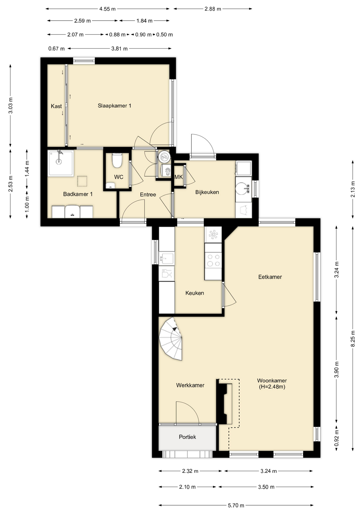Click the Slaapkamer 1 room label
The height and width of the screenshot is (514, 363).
(114, 106)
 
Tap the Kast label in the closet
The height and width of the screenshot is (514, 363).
(56, 106)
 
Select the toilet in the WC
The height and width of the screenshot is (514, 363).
(117, 160)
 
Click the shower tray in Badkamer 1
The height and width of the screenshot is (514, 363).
(61, 163)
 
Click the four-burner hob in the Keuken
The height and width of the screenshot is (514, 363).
(213, 260)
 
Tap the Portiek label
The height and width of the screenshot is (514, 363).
(187, 437)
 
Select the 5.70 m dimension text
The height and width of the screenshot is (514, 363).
(236, 505)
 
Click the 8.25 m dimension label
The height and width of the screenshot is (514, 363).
(353, 339)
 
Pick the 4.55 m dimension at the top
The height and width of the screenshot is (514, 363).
(107, 9)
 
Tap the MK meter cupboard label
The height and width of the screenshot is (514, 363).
(179, 177)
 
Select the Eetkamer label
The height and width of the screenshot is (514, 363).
(270, 277)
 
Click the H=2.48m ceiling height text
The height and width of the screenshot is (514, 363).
(272, 387)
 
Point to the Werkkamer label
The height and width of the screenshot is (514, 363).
(190, 385)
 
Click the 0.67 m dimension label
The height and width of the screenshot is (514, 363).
(56, 49)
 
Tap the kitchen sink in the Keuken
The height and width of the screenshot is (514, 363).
(167, 259)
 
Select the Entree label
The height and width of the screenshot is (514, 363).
(148, 195)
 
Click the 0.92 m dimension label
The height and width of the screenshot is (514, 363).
(337, 438)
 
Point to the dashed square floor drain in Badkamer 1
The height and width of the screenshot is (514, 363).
(82, 181)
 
